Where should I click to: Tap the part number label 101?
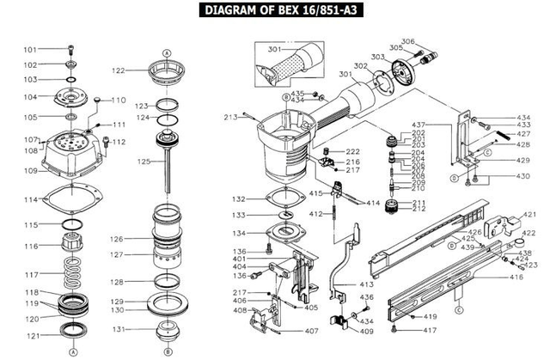(x=30, y=50)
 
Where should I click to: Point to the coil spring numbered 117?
(x=71, y=277)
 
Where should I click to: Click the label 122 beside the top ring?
(x=118, y=70)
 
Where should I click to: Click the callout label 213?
(x=230, y=117)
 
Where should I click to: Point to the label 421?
(x=529, y=214)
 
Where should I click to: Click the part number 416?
(x=516, y=277)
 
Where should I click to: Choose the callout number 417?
(x=429, y=330)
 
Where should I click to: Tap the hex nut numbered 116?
(x=70, y=246)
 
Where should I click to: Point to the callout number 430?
(x=522, y=176)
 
